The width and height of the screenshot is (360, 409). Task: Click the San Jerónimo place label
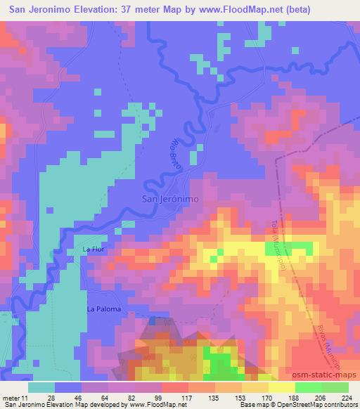pos(170,199)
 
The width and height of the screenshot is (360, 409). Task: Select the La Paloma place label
pos(104,309)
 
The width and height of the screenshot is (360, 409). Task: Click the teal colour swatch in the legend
pos(41,387)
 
